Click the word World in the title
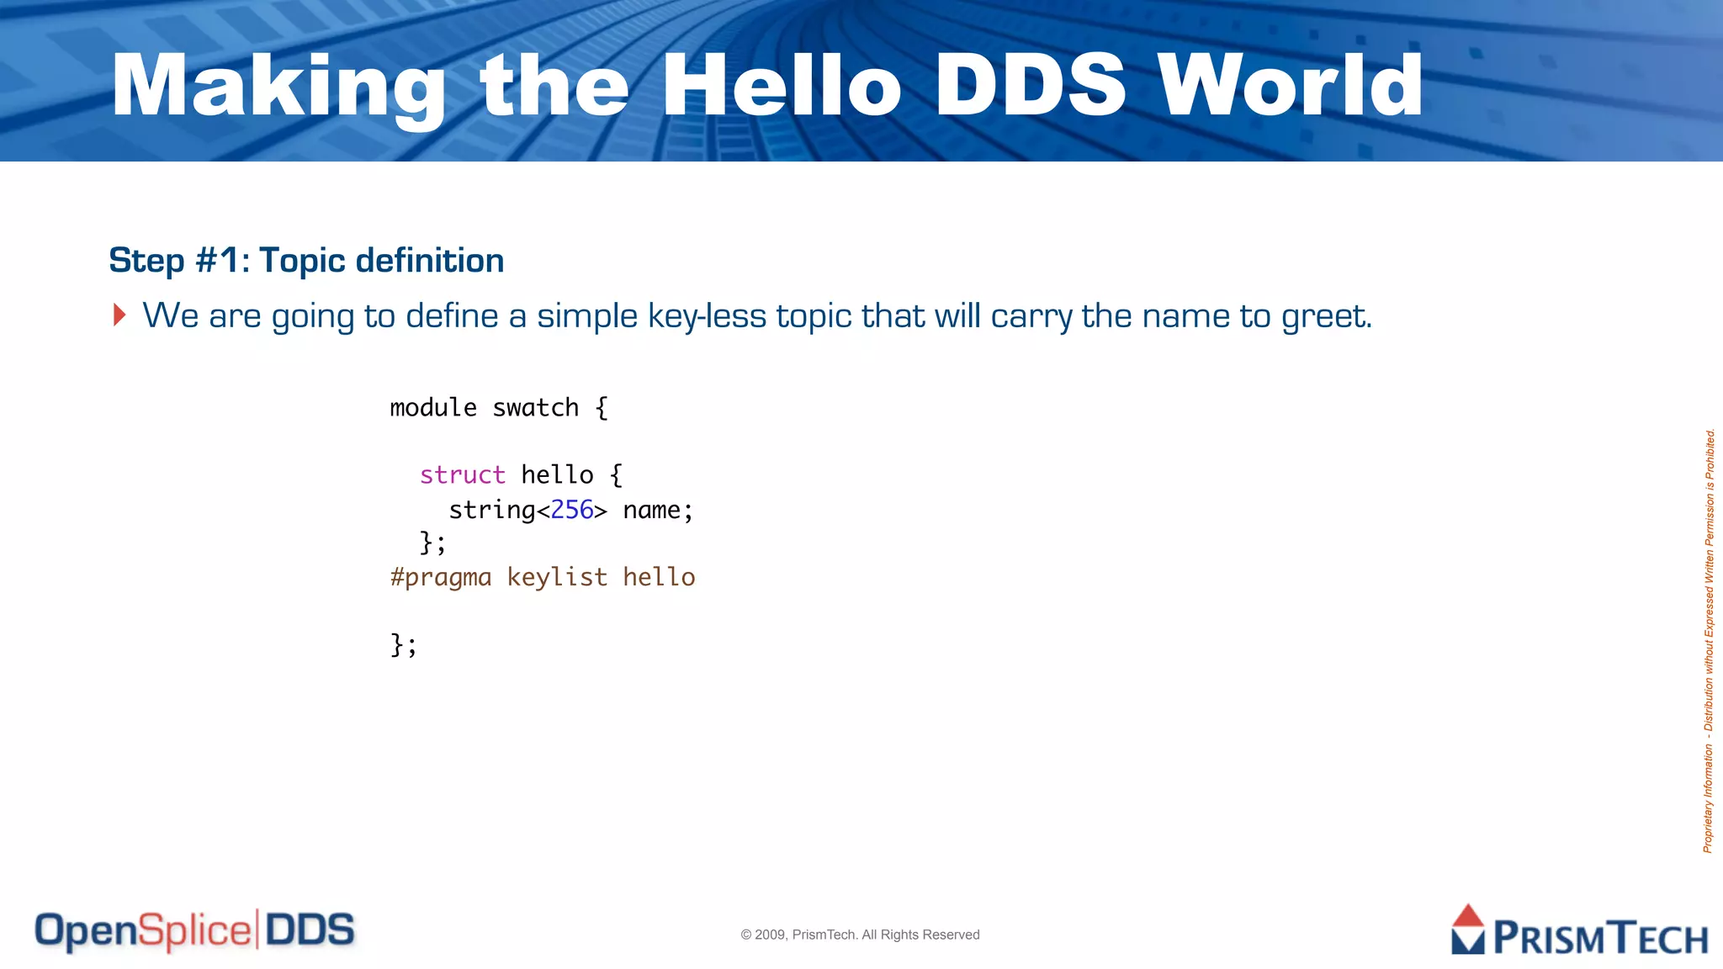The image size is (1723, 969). pos(1290,86)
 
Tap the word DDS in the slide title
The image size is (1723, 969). pos(1029,86)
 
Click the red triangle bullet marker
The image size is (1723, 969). pos(119,315)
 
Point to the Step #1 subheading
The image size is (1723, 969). pos(306,261)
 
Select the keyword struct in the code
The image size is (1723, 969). pos(462,475)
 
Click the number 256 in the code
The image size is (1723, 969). pos(572,510)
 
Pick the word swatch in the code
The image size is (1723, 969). pos(535,408)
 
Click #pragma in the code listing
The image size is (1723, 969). pos(440,578)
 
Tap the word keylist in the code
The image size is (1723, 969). pos(557,578)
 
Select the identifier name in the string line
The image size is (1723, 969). pos(652,511)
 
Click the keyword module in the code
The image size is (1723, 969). pos(432,408)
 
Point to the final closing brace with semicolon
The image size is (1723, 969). pos(403,645)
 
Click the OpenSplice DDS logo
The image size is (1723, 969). pos(194,930)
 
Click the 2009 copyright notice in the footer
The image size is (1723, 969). pos(860,935)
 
